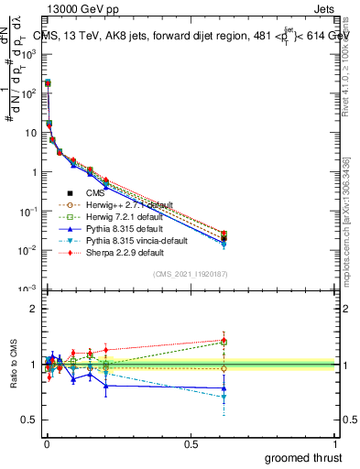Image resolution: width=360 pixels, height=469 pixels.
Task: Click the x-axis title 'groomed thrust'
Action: point(303,457)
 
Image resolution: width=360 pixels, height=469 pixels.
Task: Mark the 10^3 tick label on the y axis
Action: point(29,54)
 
